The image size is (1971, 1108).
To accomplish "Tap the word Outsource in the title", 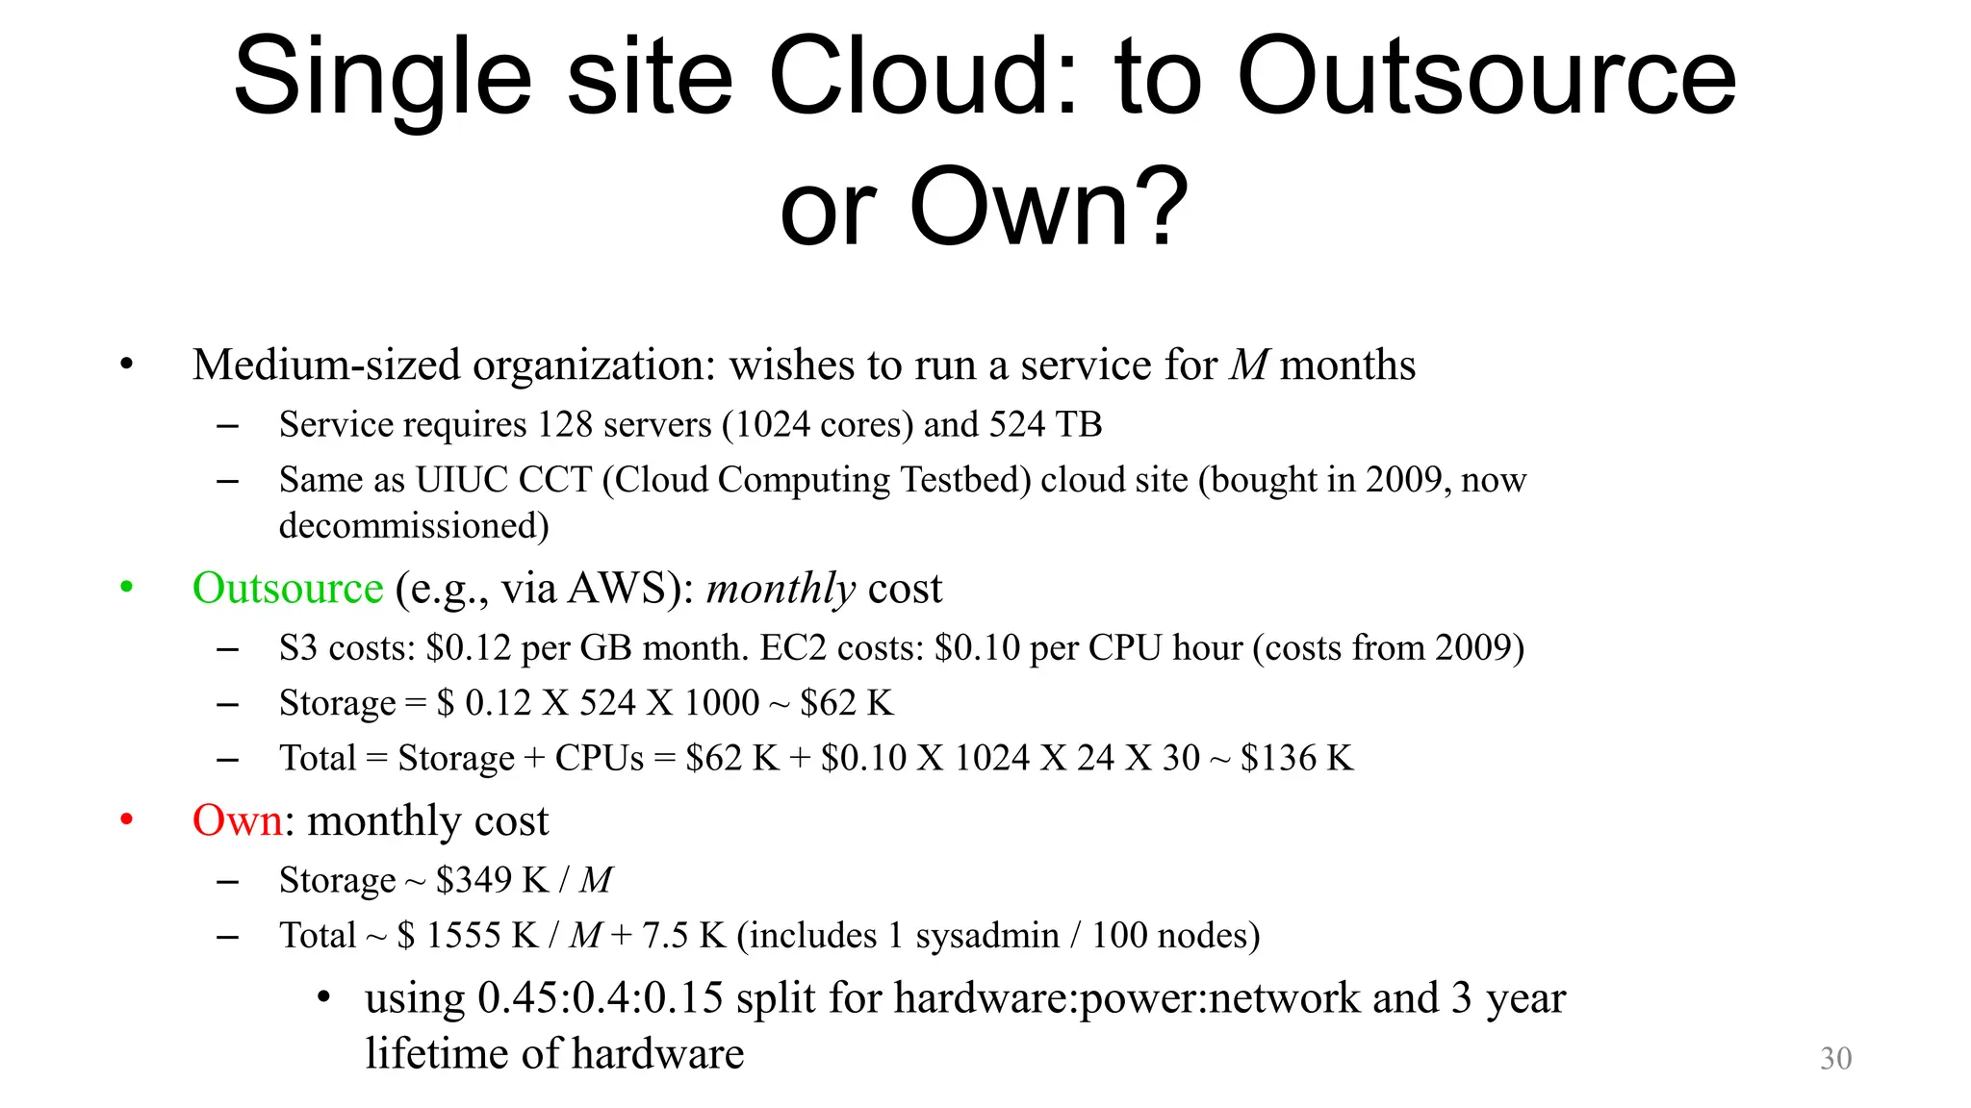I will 1486,77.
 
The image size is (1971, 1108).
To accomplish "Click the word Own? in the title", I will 1049,207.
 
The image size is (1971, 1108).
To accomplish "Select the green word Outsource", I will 288,588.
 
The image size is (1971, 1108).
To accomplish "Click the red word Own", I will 237,820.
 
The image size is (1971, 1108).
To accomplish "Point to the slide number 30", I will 1835,1058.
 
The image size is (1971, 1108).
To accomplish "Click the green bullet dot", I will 126,587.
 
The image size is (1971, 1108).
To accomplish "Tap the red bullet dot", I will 126,819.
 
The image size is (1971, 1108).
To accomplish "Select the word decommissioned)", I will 414,526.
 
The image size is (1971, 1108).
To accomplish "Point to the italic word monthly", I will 781,588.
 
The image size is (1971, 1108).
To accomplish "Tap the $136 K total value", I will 1296,758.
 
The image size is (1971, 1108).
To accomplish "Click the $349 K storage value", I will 492,880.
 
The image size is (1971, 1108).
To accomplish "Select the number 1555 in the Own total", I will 469,935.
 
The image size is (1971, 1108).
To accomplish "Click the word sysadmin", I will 987,935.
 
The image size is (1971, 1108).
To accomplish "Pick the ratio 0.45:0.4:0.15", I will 601,998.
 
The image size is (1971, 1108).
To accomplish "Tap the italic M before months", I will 1249,365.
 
